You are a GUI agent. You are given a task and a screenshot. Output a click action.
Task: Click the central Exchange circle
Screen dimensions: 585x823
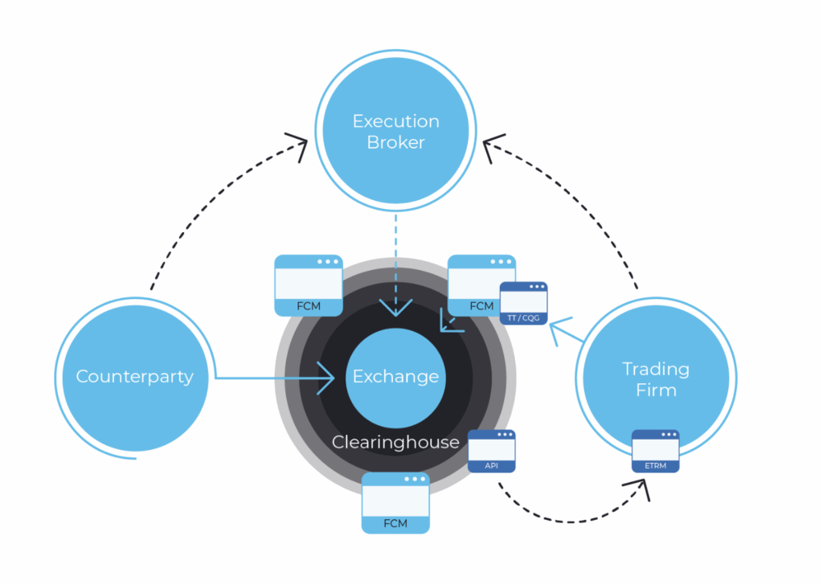click(x=395, y=376)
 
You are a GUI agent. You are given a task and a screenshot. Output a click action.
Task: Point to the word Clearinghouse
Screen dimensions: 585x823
click(x=395, y=442)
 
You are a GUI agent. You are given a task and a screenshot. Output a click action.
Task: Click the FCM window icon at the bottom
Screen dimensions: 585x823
click(x=395, y=502)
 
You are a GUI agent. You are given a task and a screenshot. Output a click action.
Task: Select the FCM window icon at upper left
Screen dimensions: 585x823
click(x=309, y=285)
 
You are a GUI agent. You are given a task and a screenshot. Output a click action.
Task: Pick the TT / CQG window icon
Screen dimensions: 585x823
click(x=523, y=303)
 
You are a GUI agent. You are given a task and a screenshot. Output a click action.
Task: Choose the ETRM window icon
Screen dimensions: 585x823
click(x=655, y=451)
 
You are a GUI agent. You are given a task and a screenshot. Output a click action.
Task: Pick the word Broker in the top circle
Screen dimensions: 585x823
click(x=395, y=143)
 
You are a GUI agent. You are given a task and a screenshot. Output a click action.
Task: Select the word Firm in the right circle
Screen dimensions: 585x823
click(x=655, y=391)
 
